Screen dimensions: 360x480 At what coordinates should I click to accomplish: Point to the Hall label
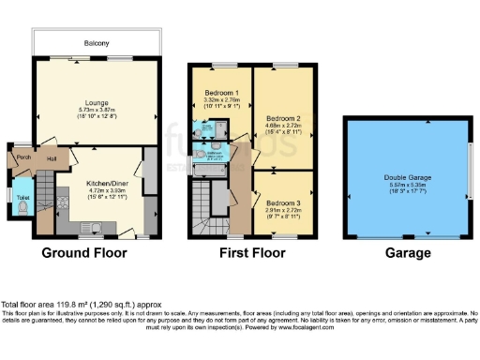click(52, 159)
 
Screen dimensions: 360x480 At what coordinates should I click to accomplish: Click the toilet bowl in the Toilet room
click(22, 209)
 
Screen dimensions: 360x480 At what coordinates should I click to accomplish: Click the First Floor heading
click(252, 253)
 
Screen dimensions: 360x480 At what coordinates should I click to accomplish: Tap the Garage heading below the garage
click(408, 253)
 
